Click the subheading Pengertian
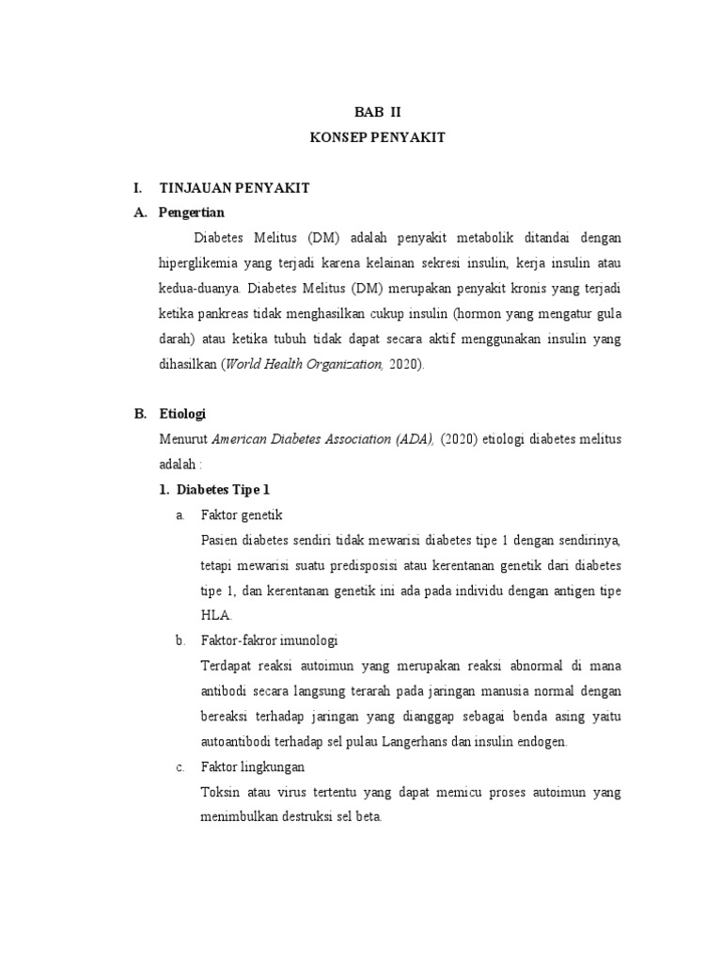pos(192,212)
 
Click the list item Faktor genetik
pos(242,514)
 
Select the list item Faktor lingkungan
pos(252,766)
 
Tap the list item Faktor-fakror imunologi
pos(269,640)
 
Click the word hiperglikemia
pos(202,261)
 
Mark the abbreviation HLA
pos(214,615)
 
